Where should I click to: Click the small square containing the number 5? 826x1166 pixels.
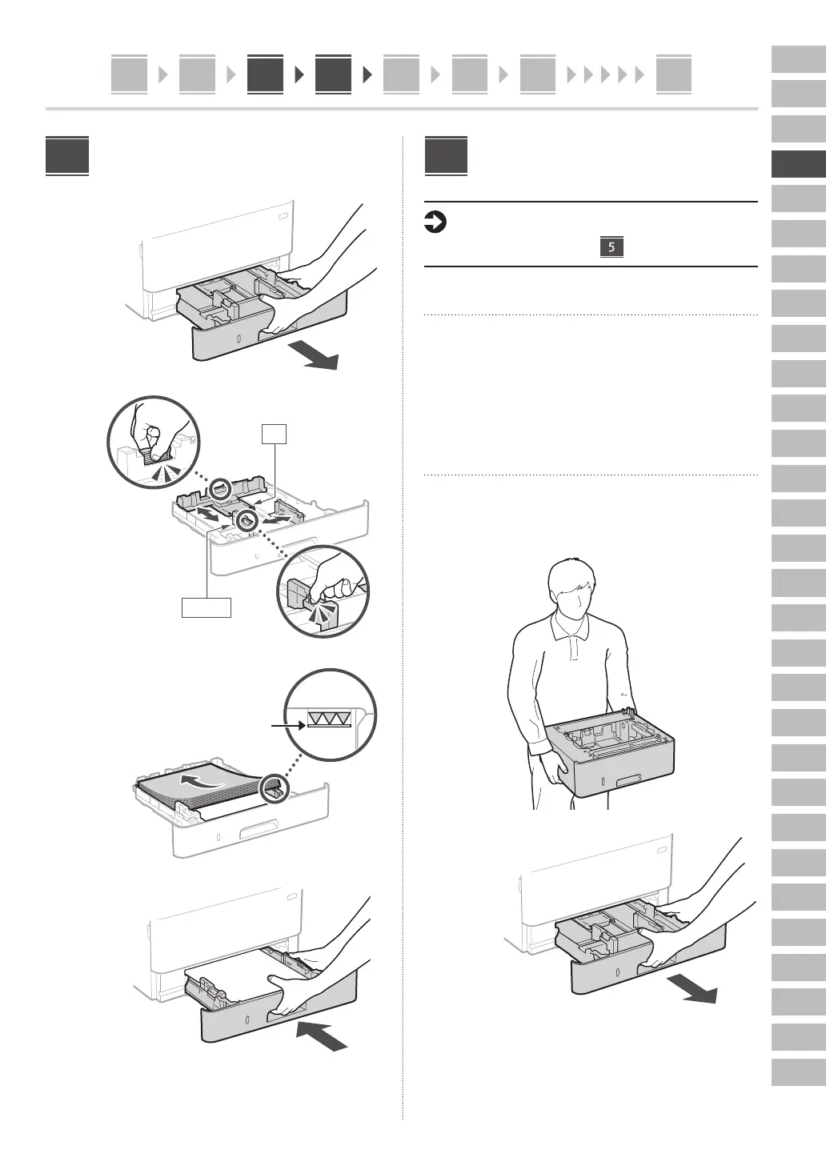tap(611, 247)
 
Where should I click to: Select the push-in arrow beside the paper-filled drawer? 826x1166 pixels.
tap(323, 1036)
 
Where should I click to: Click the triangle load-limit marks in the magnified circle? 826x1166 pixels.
tap(329, 720)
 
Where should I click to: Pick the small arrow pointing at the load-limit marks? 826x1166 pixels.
tap(287, 725)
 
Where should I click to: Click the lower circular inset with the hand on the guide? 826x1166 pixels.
tap(323, 591)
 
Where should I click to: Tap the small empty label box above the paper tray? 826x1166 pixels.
tap(275, 434)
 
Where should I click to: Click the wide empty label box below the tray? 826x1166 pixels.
tap(206, 607)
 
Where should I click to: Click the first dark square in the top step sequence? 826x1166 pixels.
tap(265, 74)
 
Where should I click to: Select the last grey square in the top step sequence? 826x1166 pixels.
tap(673, 74)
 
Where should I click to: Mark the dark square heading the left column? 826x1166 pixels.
tap(67, 156)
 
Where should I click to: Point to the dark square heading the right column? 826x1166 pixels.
tap(446, 156)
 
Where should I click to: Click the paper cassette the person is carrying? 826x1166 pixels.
tap(611, 755)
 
